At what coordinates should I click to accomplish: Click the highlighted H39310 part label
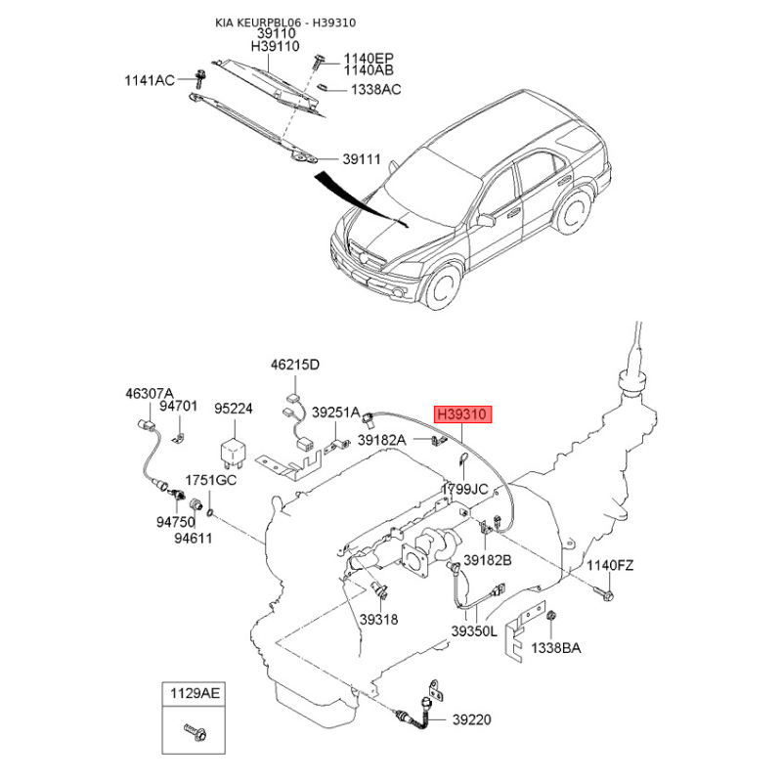coord(462,413)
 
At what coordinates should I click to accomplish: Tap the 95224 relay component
coord(234,452)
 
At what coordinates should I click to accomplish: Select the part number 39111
coord(362,159)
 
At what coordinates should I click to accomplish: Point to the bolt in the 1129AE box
coord(195,731)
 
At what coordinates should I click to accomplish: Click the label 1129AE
coord(195,693)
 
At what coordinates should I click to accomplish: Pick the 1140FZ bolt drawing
coord(604,593)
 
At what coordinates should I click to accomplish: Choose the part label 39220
coord(472,719)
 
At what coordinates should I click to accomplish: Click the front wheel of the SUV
coord(442,287)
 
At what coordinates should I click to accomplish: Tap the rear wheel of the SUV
coord(574,211)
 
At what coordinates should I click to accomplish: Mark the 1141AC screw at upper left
coord(200,78)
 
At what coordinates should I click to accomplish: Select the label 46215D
coord(295,365)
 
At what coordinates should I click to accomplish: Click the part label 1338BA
coord(555,648)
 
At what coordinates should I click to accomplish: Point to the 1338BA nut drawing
coord(551,616)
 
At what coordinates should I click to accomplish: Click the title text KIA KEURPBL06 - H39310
coord(285,22)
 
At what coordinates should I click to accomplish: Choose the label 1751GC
coord(211,480)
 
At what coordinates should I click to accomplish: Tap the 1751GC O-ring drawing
coord(210,512)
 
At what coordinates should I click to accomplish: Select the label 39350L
coord(474,631)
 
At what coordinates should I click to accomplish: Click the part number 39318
coord(379,620)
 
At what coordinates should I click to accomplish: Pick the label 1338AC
coord(376,90)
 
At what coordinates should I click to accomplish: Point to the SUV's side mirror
coord(484,220)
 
